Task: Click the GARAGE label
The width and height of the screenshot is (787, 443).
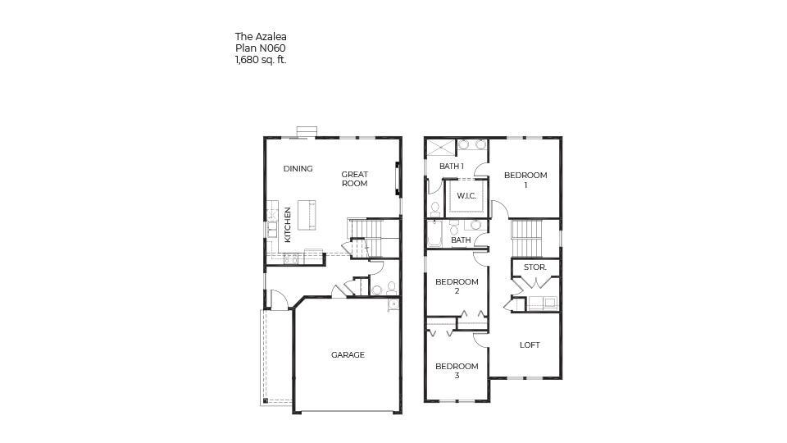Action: click(x=348, y=355)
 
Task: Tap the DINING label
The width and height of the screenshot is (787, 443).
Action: click(x=298, y=169)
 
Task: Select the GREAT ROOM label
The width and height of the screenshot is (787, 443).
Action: click(x=354, y=179)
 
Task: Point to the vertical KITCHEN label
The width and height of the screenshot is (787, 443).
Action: click(x=288, y=224)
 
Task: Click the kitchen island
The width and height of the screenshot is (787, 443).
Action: click(x=307, y=216)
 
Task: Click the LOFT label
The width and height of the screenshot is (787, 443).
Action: click(x=530, y=345)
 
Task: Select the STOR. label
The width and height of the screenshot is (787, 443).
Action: click(x=535, y=268)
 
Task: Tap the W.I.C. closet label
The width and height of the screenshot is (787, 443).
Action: click(x=466, y=195)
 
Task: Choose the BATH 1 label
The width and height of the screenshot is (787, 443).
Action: click(x=451, y=167)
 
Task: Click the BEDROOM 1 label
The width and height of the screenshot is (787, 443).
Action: click(x=525, y=180)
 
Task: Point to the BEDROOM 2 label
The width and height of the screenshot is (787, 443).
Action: click(x=457, y=286)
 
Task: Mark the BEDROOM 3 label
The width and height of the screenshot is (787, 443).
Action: click(x=457, y=371)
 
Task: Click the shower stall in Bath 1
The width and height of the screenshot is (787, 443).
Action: click(x=440, y=147)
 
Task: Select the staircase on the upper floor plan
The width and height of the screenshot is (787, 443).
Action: click(x=527, y=238)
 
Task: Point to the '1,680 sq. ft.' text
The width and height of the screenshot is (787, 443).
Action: click(x=260, y=59)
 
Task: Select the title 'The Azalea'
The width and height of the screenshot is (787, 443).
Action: click(x=261, y=36)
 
